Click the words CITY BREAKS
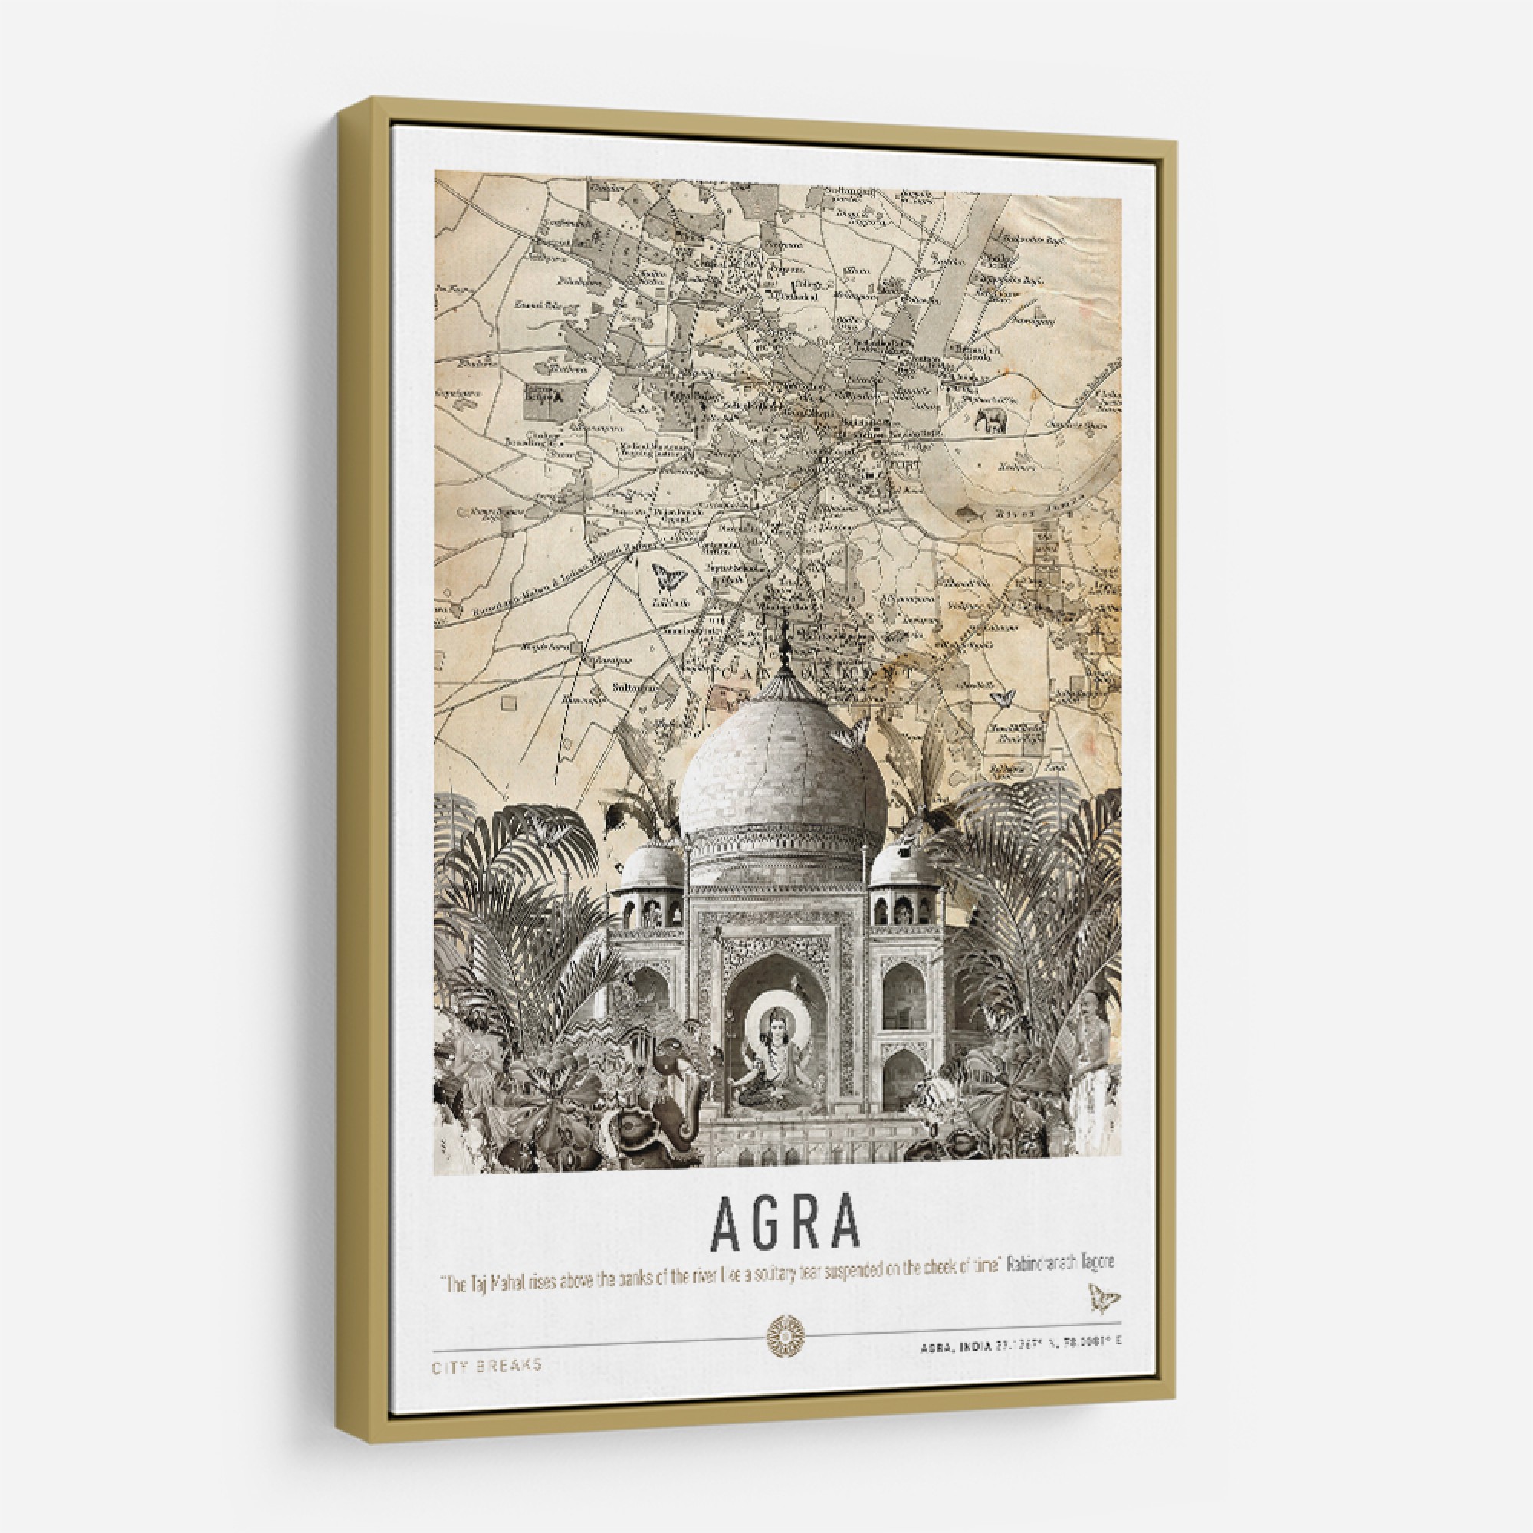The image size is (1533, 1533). tap(487, 1366)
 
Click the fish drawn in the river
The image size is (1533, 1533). tap(969, 514)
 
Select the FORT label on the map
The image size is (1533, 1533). tap(904, 464)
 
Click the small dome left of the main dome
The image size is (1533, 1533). tap(652, 865)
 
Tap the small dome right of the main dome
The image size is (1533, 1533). tap(904, 865)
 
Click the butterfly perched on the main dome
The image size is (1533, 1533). tap(848, 738)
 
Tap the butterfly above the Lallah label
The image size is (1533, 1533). tap(668, 578)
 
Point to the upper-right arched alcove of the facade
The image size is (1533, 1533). tap(904, 996)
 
